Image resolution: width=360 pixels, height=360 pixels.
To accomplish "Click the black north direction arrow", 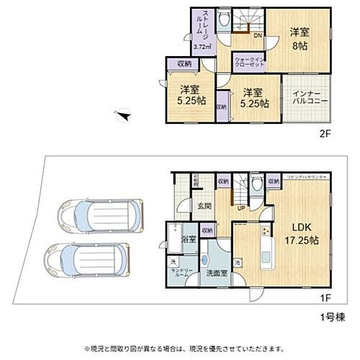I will [124, 114].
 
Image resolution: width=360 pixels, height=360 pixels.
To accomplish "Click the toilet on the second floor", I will [225, 20].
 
